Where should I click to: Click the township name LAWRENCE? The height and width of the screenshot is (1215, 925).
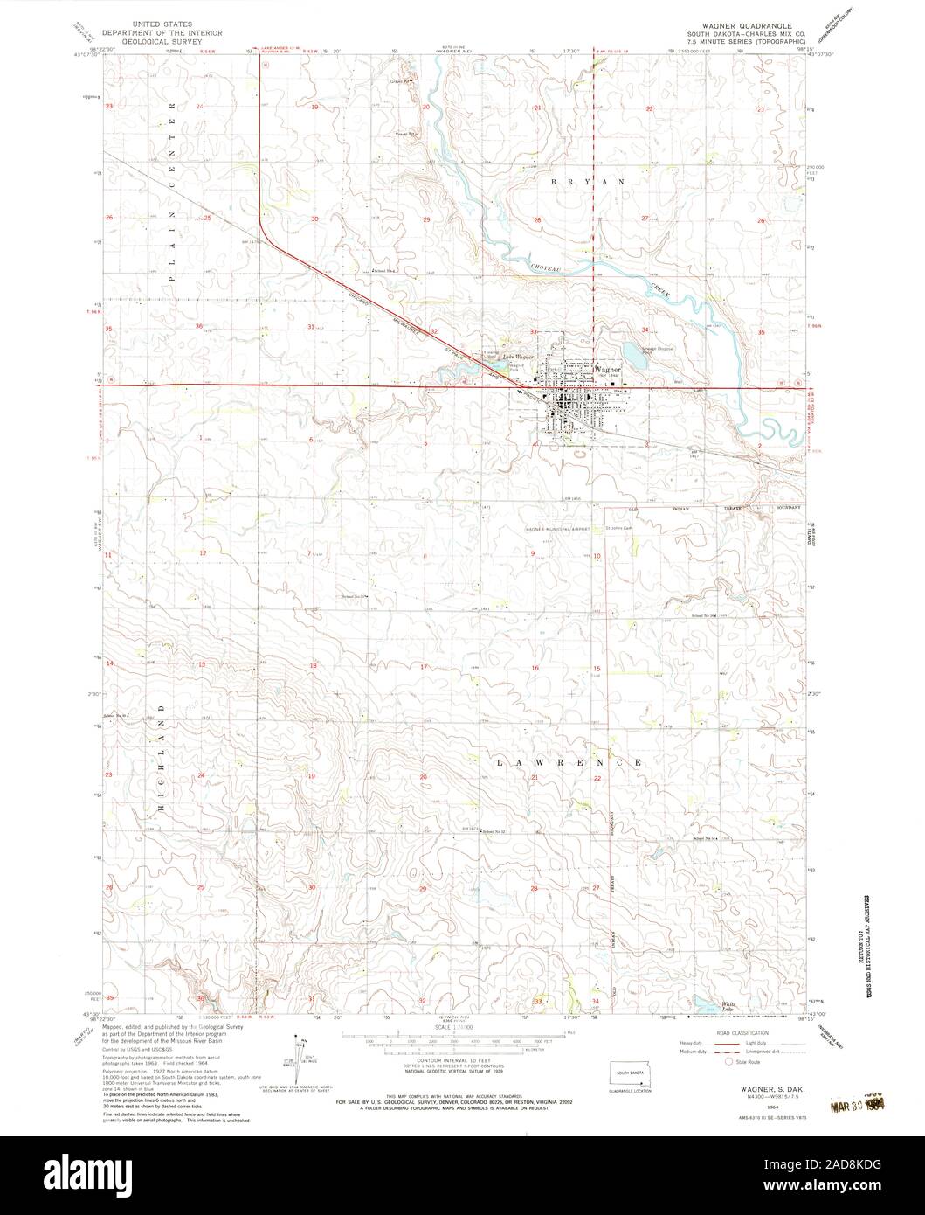[571, 763]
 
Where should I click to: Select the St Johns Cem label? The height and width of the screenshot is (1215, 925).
[615, 527]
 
